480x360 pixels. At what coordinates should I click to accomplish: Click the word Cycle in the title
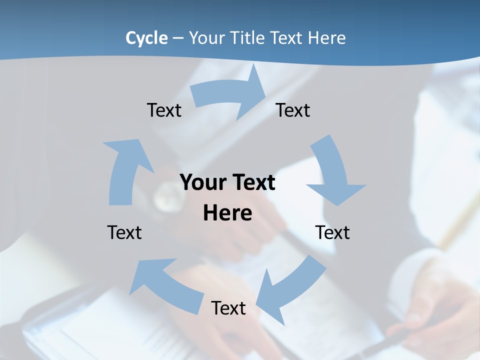(x=146, y=38)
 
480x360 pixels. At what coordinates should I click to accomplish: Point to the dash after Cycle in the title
(x=178, y=38)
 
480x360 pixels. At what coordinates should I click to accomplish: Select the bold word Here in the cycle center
(x=227, y=213)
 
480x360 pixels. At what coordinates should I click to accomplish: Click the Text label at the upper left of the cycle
(x=164, y=110)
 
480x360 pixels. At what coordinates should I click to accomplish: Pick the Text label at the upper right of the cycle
(x=293, y=110)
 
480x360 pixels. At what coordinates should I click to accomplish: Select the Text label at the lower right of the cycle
(x=332, y=232)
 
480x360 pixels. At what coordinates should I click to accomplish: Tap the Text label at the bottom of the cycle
(x=228, y=308)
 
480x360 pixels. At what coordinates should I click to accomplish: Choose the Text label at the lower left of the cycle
(x=124, y=232)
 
